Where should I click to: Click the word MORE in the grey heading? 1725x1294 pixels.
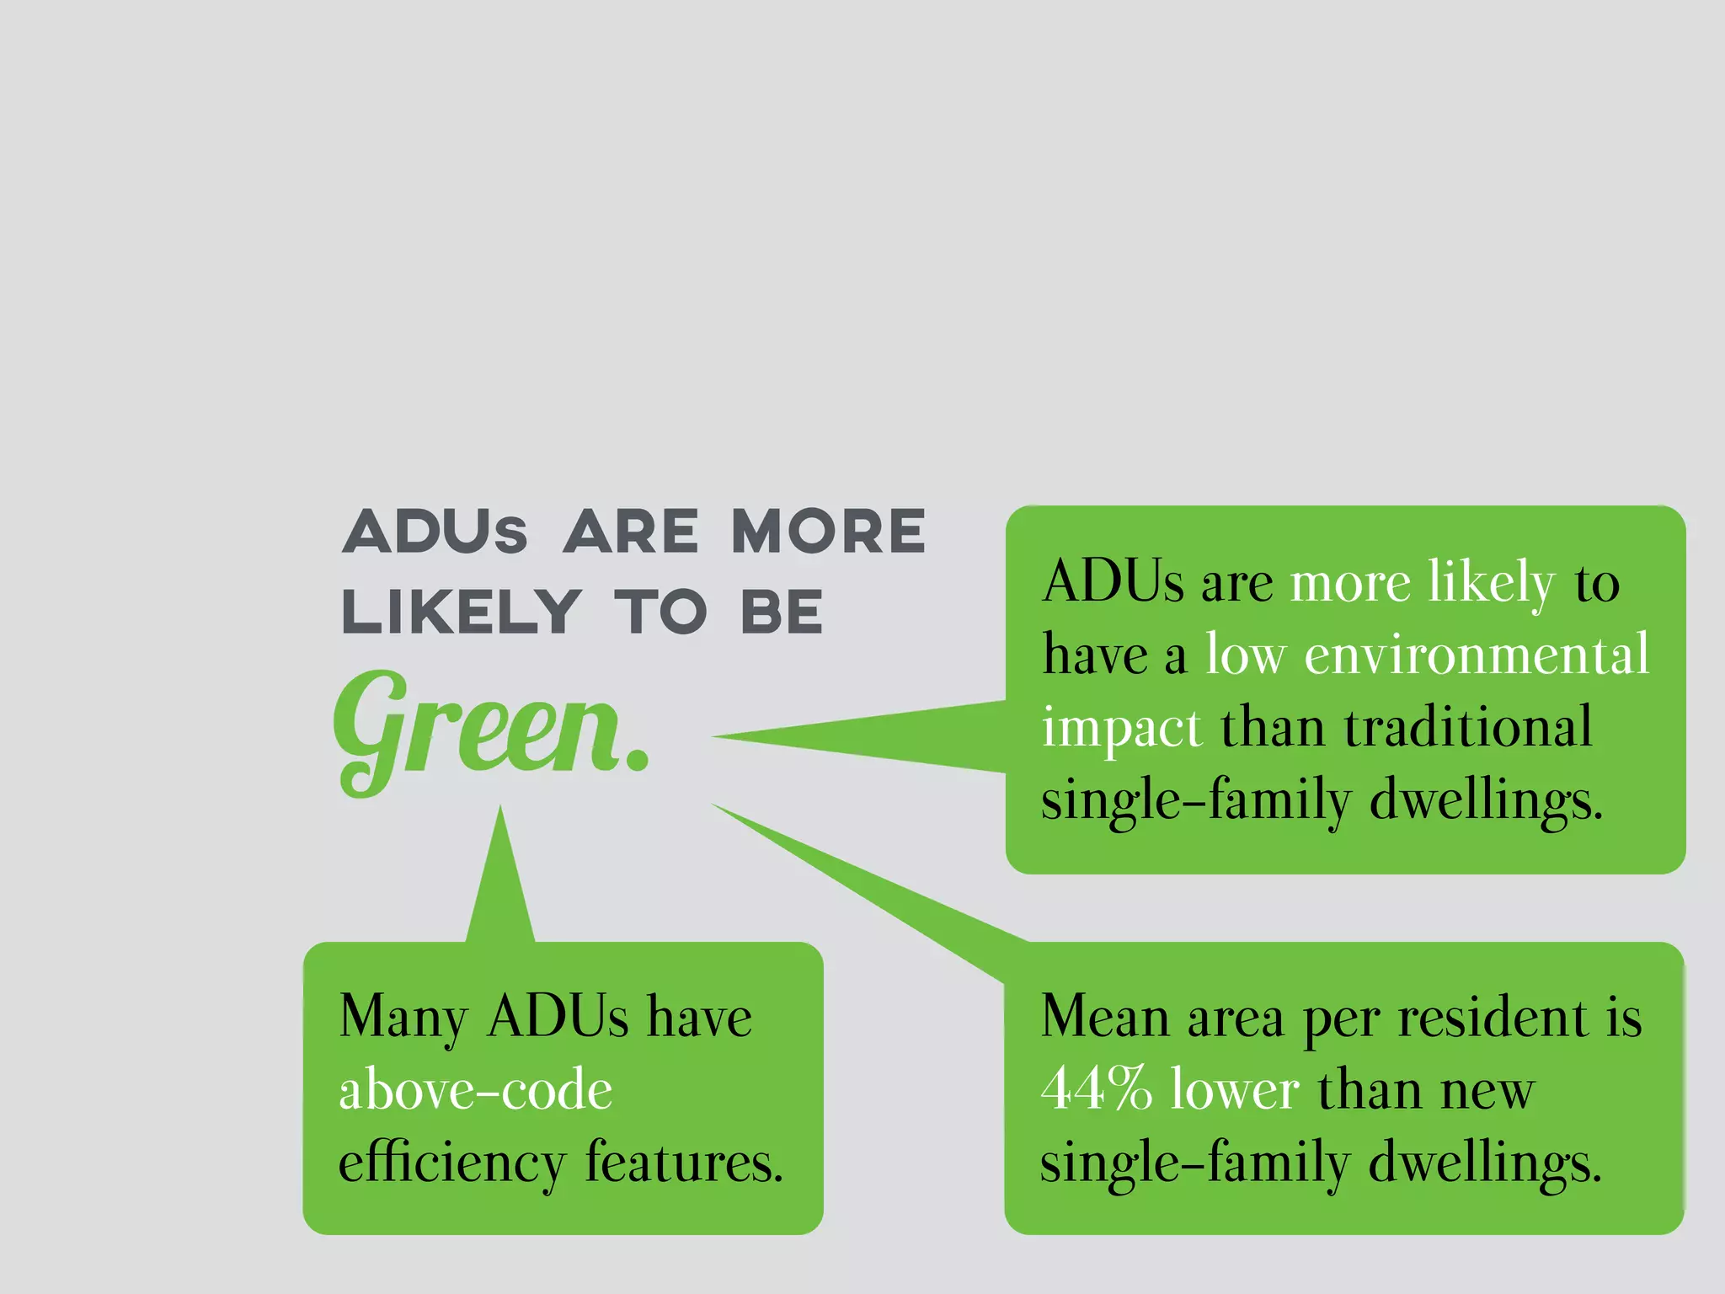[828, 532]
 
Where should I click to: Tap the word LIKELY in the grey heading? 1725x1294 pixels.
[462, 612]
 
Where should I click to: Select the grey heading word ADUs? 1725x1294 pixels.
[435, 532]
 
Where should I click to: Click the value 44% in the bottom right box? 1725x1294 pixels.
[1095, 1088]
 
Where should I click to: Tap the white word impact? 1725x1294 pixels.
[1121, 728]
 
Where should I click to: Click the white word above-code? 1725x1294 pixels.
[475, 1090]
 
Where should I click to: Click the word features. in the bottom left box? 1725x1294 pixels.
[684, 1163]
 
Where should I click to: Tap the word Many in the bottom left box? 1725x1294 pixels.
[403, 1018]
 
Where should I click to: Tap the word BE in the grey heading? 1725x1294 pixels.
[782, 612]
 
